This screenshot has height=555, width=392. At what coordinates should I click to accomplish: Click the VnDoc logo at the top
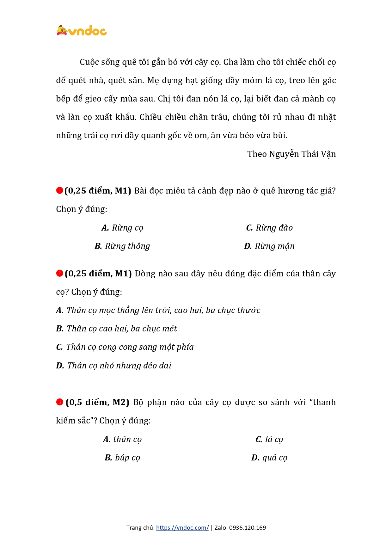(x=82, y=31)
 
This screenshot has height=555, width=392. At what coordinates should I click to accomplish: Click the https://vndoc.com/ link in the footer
(x=182, y=527)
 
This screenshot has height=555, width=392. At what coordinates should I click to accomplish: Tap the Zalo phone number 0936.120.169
(x=248, y=527)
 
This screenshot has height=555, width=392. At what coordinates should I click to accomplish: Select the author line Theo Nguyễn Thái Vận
(x=291, y=154)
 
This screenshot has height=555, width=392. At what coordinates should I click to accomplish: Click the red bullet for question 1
(x=59, y=190)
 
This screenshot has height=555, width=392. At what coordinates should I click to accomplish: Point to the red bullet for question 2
(x=59, y=273)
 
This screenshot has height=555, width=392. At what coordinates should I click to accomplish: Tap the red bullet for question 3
(x=59, y=402)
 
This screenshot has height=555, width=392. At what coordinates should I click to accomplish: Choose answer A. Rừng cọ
(x=122, y=228)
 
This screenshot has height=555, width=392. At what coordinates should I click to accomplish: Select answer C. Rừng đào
(x=269, y=228)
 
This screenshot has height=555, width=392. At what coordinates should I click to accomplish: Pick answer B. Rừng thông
(x=122, y=246)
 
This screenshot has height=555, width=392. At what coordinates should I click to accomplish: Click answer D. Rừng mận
(x=269, y=246)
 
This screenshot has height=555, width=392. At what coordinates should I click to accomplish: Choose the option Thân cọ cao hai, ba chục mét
(x=117, y=329)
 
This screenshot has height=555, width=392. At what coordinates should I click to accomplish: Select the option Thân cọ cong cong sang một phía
(x=125, y=347)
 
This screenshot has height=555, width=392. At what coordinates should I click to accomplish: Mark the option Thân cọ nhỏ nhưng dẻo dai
(x=114, y=366)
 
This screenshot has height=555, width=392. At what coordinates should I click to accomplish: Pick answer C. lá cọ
(x=269, y=439)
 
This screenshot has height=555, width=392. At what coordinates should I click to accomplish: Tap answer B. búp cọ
(x=122, y=458)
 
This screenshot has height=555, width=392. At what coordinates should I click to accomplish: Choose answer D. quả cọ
(x=269, y=458)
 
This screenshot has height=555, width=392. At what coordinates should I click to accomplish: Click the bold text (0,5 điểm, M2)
(x=97, y=402)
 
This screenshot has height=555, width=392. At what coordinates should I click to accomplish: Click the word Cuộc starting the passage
(x=89, y=62)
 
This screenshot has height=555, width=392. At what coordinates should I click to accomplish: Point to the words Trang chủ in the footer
(x=140, y=527)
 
